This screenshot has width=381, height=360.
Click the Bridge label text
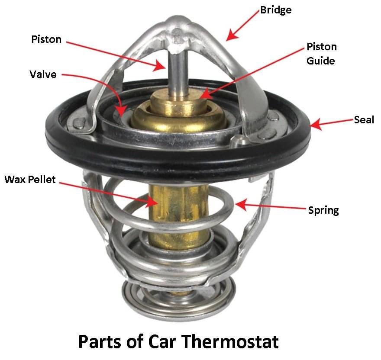coord(276,10)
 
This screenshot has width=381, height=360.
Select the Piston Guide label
coord(321,53)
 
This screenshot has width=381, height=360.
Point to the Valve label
coord(43,74)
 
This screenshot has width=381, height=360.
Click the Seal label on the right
coord(364,120)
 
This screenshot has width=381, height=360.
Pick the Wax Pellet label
coord(30,179)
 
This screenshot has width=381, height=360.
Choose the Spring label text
coord(323,211)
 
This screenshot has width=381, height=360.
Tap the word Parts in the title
coord(103,341)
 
